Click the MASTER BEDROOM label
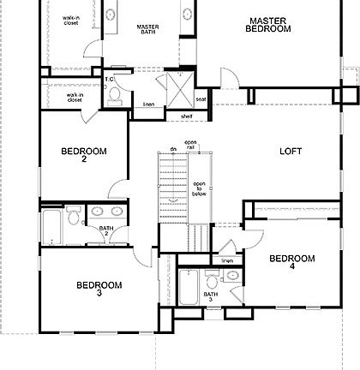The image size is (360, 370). click(x=269, y=24)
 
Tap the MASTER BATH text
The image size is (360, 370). click(x=148, y=30)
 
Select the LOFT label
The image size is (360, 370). click(x=291, y=152)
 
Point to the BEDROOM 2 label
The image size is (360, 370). click(x=83, y=155)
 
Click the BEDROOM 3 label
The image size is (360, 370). click(x=99, y=289)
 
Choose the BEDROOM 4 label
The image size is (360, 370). click(x=291, y=261)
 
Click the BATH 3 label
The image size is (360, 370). click(x=210, y=297)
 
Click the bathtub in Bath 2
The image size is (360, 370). click(x=51, y=227)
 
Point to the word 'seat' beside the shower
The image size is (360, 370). click(x=201, y=98)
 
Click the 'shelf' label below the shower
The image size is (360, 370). click(x=186, y=116)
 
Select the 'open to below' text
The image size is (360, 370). click(x=199, y=188)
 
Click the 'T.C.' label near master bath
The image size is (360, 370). click(x=110, y=80)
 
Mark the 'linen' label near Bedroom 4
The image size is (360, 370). click(x=226, y=260)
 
